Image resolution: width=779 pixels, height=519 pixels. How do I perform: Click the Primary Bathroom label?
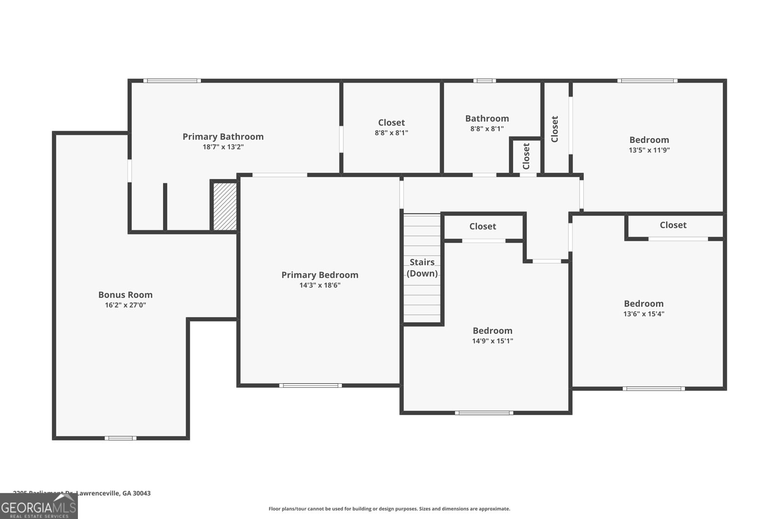223,137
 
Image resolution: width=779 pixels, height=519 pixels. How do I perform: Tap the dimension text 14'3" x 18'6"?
320,286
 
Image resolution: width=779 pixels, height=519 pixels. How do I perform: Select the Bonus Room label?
125,295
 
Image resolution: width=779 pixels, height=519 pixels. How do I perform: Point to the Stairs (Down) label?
422,268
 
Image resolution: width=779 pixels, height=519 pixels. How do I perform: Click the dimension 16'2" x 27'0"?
125,305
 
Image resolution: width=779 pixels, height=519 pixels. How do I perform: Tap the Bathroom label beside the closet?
487,119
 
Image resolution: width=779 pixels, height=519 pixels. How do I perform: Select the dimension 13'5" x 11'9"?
649,150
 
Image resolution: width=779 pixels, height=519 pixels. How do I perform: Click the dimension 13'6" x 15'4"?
644,314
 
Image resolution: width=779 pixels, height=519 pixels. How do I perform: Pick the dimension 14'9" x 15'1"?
492,341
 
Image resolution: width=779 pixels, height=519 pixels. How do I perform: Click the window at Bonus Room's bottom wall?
120,438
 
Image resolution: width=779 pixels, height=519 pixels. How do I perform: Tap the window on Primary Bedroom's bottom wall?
310,386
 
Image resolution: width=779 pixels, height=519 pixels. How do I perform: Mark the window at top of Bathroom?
484,81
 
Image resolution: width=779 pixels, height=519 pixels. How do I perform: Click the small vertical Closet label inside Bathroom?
526,156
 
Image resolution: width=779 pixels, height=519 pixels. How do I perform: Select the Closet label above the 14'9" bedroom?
482,227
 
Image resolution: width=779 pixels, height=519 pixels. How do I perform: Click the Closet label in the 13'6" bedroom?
673,225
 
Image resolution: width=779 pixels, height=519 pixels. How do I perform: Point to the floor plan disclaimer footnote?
389,509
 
